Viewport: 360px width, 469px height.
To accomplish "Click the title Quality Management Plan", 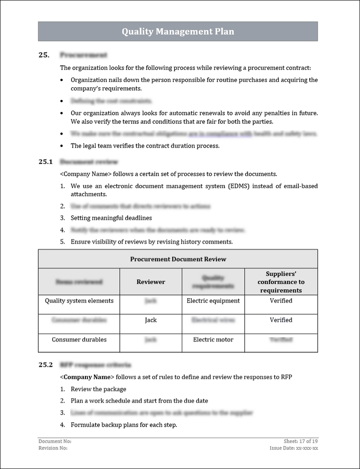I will [178, 32].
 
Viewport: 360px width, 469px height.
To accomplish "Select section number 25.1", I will [46, 162].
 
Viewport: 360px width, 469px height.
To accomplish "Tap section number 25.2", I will [46, 365].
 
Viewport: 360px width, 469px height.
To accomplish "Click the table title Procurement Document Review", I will [178, 259].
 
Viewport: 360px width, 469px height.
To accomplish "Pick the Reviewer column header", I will [151, 282].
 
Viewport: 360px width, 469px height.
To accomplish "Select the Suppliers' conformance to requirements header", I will [281, 282].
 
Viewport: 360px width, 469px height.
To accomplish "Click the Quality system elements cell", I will [79, 301].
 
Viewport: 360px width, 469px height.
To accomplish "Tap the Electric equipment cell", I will [213, 301].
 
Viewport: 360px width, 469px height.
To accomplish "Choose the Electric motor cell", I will [213, 340].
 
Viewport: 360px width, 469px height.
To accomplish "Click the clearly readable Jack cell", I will [151, 320].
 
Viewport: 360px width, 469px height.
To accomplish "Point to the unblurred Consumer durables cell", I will [79, 340].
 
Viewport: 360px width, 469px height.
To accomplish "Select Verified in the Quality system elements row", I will [281, 301].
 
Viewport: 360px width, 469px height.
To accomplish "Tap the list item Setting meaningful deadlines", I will [111, 218].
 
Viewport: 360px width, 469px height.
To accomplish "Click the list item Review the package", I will [99, 389].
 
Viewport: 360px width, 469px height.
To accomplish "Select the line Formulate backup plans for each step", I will [124, 424].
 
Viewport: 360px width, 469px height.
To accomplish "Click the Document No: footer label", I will [55, 442].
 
